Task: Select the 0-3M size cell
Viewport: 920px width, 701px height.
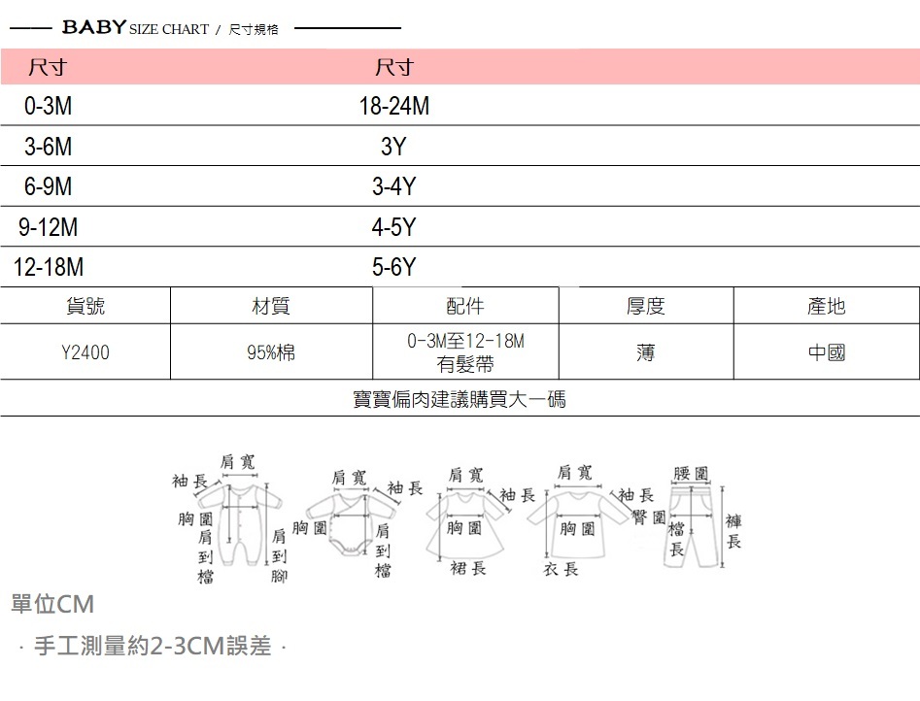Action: point(48,107)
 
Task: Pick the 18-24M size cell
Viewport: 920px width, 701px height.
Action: point(393,107)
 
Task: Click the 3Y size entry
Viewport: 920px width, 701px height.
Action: point(392,148)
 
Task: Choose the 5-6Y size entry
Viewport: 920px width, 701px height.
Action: point(393,268)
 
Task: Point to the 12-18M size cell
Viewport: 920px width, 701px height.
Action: point(48,268)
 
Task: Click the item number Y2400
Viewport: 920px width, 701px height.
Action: point(85,352)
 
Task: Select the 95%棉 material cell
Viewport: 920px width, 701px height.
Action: point(271,352)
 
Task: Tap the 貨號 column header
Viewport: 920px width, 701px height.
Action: point(85,306)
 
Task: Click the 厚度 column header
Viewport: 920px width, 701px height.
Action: point(645,306)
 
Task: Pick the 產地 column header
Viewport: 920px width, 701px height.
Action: point(826,306)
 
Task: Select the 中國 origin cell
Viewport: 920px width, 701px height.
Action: point(826,352)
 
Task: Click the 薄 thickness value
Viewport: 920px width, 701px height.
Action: point(645,352)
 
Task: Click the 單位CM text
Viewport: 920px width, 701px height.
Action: point(52,605)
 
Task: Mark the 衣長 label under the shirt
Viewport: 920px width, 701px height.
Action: point(561,569)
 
